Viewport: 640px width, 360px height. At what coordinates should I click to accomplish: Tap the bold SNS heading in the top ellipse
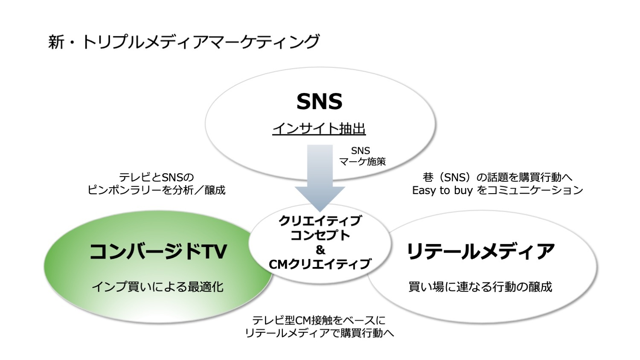pyautogui.click(x=320, y=102)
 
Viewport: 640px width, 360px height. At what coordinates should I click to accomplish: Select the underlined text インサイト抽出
pyautogui.click(x=319, y=129)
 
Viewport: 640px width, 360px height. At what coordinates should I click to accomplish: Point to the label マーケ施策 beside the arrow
pyautogui.click(x=362, y=162)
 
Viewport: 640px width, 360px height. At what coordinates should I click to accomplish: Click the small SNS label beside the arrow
pyautogui.click(x=360, y=151)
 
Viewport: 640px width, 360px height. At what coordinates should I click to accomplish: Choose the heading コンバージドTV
pyautogui.click(x=158, y=252)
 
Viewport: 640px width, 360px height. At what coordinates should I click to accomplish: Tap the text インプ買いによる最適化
pyautogui.click(x=158, y=287)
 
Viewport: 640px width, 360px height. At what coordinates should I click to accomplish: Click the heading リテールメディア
pyautogui.click(x=480, y=252)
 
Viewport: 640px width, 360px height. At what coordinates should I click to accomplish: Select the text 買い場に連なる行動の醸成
pyautogui.click(x=480, y=287)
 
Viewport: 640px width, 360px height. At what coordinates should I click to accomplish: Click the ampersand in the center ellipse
pyautogui.click(x=320, y=250)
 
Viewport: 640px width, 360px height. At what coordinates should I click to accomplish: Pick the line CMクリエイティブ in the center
pyautogui.click(x=320, y=264)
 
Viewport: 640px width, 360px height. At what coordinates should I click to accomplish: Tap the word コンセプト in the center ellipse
pyautogui.click(x=320, y=235)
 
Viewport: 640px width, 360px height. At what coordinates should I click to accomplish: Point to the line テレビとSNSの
pyautogui.click(x=156, y=177)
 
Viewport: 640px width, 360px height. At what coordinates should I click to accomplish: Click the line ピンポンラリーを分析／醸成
pyautogui.click(x=156, y=190)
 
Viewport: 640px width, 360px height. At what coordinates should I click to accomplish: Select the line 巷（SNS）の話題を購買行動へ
pyautogui.click(x=497, y=177)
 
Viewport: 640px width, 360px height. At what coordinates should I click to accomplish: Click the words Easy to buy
pyautogui.click(x=442, y=190)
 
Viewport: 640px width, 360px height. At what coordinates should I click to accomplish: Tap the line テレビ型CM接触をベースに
pyautogui.click(x=319, y=320)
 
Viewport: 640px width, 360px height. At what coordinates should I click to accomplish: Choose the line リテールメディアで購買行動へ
pyautogui.click(x=320, y=333)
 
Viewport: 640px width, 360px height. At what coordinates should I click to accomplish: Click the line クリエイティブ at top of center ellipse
pyautogui.click(x=320, y=221)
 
